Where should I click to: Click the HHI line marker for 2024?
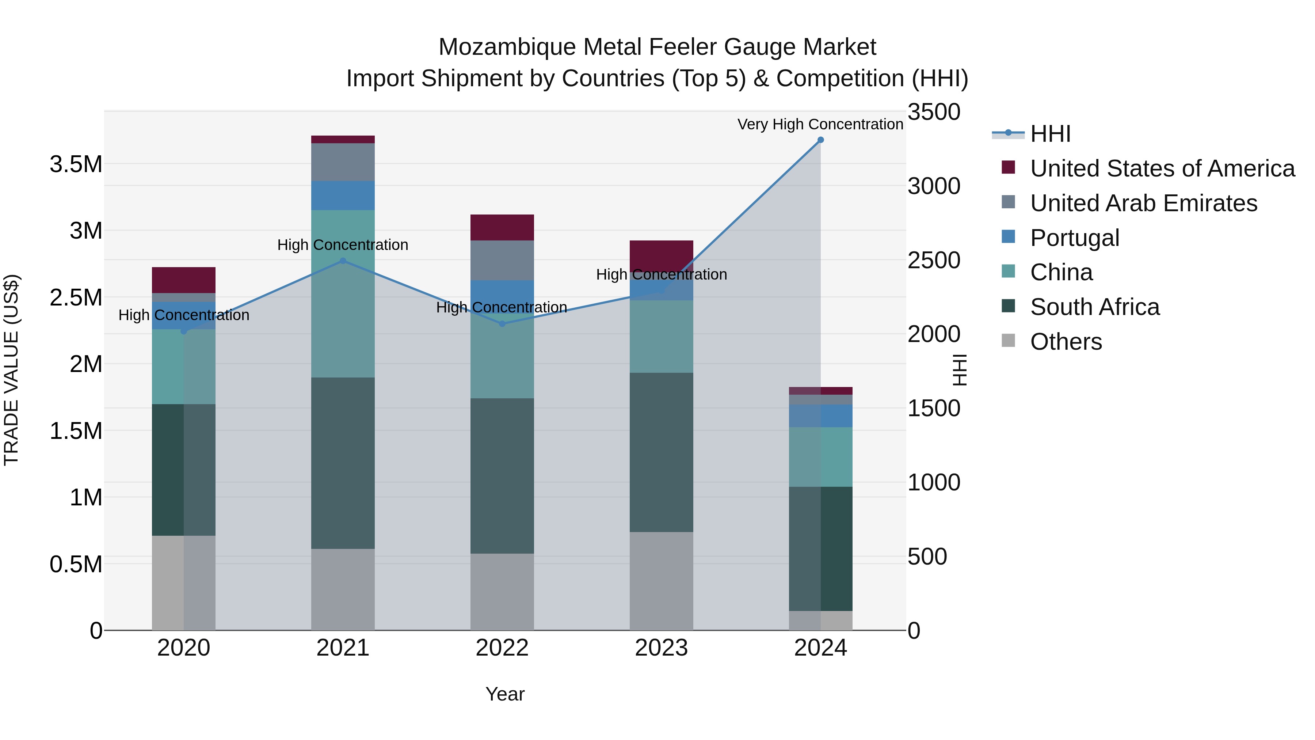(x=820, y=140)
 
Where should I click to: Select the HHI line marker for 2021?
(x=343, y=261)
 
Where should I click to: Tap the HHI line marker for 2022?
(x=502, y=324)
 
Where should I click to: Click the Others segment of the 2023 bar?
(x=661, y=581)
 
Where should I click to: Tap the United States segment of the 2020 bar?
(x=184, y=280)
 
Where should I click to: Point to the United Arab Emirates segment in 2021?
(x=343, y=162)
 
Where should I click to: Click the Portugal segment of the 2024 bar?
(x=820, y=416)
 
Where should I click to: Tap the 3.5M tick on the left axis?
(x=76, y=165)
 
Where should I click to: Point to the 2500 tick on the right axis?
(x=934, y=261)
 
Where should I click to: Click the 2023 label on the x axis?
(x=661, y=648)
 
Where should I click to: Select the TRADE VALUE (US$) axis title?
(x=11, y=370)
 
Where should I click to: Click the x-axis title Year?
(x=505, y=694)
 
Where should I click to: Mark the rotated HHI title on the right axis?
(x=959, y=370)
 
